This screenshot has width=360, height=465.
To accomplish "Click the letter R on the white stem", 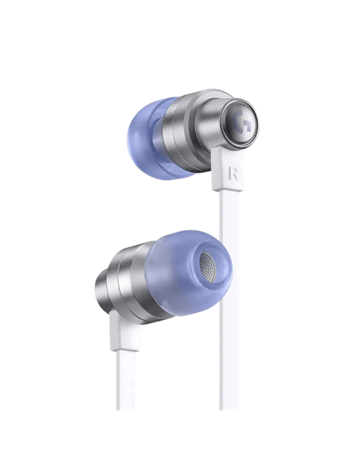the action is [x=233, y=174].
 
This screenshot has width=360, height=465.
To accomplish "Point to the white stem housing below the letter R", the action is [x=227, y=170].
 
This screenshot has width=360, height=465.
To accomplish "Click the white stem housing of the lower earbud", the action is [x=124, y=330].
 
